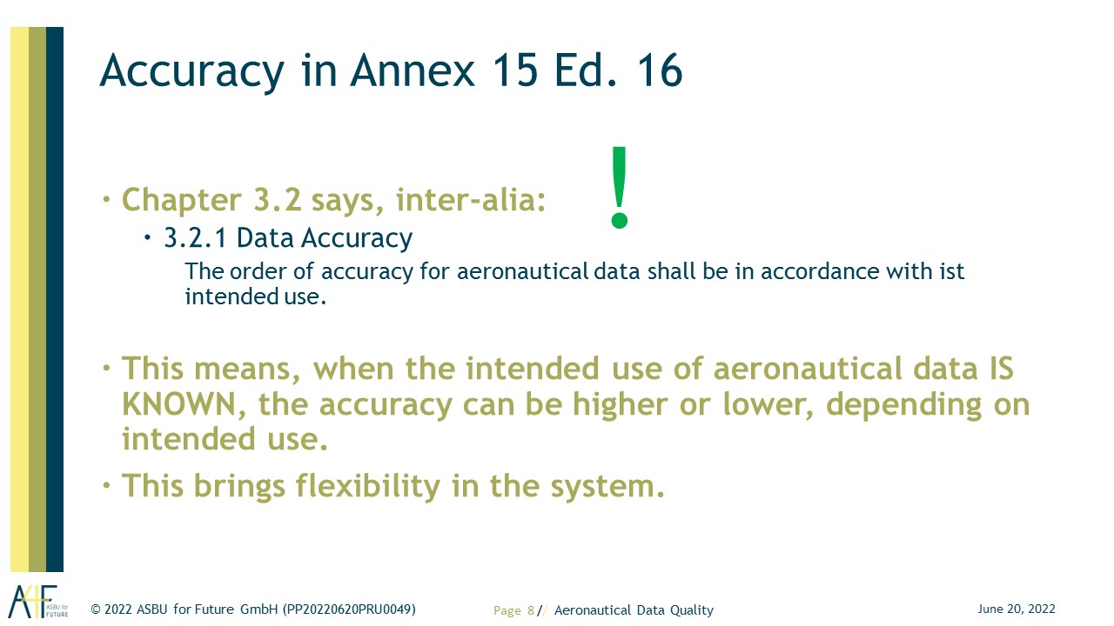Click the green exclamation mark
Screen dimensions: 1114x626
(x=619, y=187)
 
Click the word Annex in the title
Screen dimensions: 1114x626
(x=413, y=70)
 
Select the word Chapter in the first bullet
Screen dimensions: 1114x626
(x=182, y=200)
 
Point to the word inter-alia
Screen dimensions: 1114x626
(x=471, y=200)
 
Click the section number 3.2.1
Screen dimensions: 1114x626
(x=196, y=237)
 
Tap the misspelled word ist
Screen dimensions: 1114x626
(x=952, y=271)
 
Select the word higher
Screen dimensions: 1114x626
(x=621, y=404)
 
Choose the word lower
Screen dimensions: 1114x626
(x=768, y=405)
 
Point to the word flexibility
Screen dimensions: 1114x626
(x=368, y=486)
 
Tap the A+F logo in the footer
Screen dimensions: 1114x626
(x=37, y=601)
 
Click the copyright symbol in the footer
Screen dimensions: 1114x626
(x=96, y=609)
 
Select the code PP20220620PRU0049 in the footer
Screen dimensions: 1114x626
(x=349, y=609)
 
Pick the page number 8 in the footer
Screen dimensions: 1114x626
(x=531, y=610)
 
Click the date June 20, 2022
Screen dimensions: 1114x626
(x=1017, y=609)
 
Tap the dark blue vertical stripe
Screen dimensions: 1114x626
(x=55, y=299)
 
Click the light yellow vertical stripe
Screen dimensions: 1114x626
(x=19, y=299)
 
